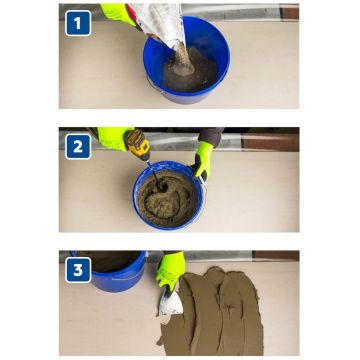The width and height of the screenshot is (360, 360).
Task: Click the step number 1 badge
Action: (x=78, y=23)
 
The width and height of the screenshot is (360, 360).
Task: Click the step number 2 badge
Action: (x=78, y=146)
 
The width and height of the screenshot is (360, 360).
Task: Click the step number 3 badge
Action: (x=78, y=270)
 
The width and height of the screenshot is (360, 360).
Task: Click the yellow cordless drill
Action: (x=137, y=144)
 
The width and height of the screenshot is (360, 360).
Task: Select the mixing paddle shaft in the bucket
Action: (x=155, y=176)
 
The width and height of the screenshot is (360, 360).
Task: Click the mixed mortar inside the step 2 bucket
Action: (x=168, y=199)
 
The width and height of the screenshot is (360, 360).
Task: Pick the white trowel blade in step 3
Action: (x=171, y=303)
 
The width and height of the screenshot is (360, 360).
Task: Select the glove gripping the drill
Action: (x=114, y=138)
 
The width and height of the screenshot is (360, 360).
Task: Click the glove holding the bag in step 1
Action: (x=117, y=14)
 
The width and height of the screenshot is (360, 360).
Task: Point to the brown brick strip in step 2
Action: (x=270, y=143)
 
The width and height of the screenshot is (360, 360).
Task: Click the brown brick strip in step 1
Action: (x=289, y=13)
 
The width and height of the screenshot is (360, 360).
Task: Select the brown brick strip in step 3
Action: (x=275, y=256)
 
